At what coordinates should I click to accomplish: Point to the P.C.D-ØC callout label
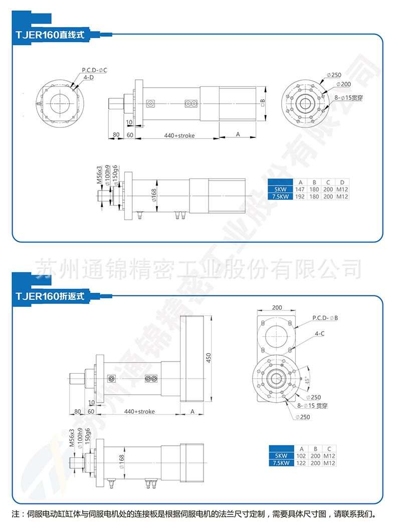click(94, 70)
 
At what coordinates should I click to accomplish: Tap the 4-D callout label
click(88, 78)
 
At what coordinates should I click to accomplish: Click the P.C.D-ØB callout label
click(325, 318)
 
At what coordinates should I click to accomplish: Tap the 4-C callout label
click(319, 333)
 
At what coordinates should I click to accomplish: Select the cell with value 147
click(300, 190)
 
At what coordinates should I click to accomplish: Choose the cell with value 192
click(300, 197)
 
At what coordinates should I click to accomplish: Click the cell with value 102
click(301, 456)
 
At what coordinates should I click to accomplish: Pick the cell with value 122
click(301, 463)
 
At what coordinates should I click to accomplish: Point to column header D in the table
click(342, 182)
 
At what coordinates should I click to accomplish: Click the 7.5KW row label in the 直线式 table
click(280, 197)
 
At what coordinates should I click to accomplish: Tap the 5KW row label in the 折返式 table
click(281, 456)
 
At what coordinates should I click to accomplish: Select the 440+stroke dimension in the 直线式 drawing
click(179, 135)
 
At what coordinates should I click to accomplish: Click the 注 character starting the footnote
click(15, 514)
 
